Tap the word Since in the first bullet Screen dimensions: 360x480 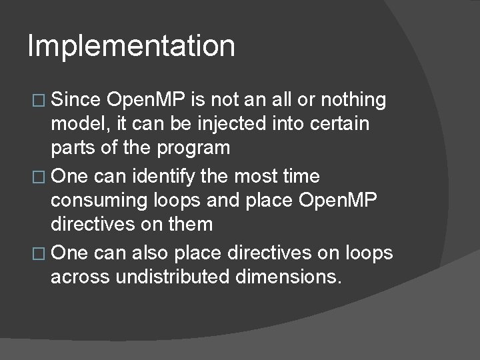point(75,100)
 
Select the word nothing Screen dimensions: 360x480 point(353,100)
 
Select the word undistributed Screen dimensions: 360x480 point(177,276)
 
